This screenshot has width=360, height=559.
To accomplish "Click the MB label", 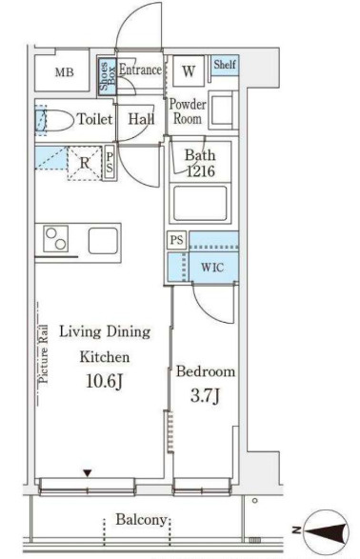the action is (65, 72).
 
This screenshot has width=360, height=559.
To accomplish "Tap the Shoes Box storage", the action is (108, 76).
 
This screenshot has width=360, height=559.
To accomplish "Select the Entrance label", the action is (140, 70).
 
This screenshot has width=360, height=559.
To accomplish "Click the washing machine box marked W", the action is (189, 70).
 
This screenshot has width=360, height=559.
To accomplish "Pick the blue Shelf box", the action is (225, 65).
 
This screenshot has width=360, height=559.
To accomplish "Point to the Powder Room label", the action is (188, 111).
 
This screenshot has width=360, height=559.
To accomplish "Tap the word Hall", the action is (142, 119).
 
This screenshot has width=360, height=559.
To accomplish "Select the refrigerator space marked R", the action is (85, 163).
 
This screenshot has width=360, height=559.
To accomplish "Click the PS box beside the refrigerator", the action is (110, 162).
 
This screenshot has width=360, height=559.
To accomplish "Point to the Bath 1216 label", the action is (200, 163).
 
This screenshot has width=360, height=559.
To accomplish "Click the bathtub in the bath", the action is (200, 203).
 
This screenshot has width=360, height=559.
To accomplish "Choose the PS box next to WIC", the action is (177, 240).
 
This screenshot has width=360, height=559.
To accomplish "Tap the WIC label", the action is (212, 267).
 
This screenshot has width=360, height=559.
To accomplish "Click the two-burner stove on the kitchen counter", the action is (56, 239).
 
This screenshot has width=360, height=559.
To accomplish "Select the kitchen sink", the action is (103, 241).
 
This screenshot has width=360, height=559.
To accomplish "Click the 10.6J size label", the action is (105, 382).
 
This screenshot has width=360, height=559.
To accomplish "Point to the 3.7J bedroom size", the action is (205, 396).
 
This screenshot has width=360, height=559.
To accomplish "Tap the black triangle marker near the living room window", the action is (88, 473).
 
